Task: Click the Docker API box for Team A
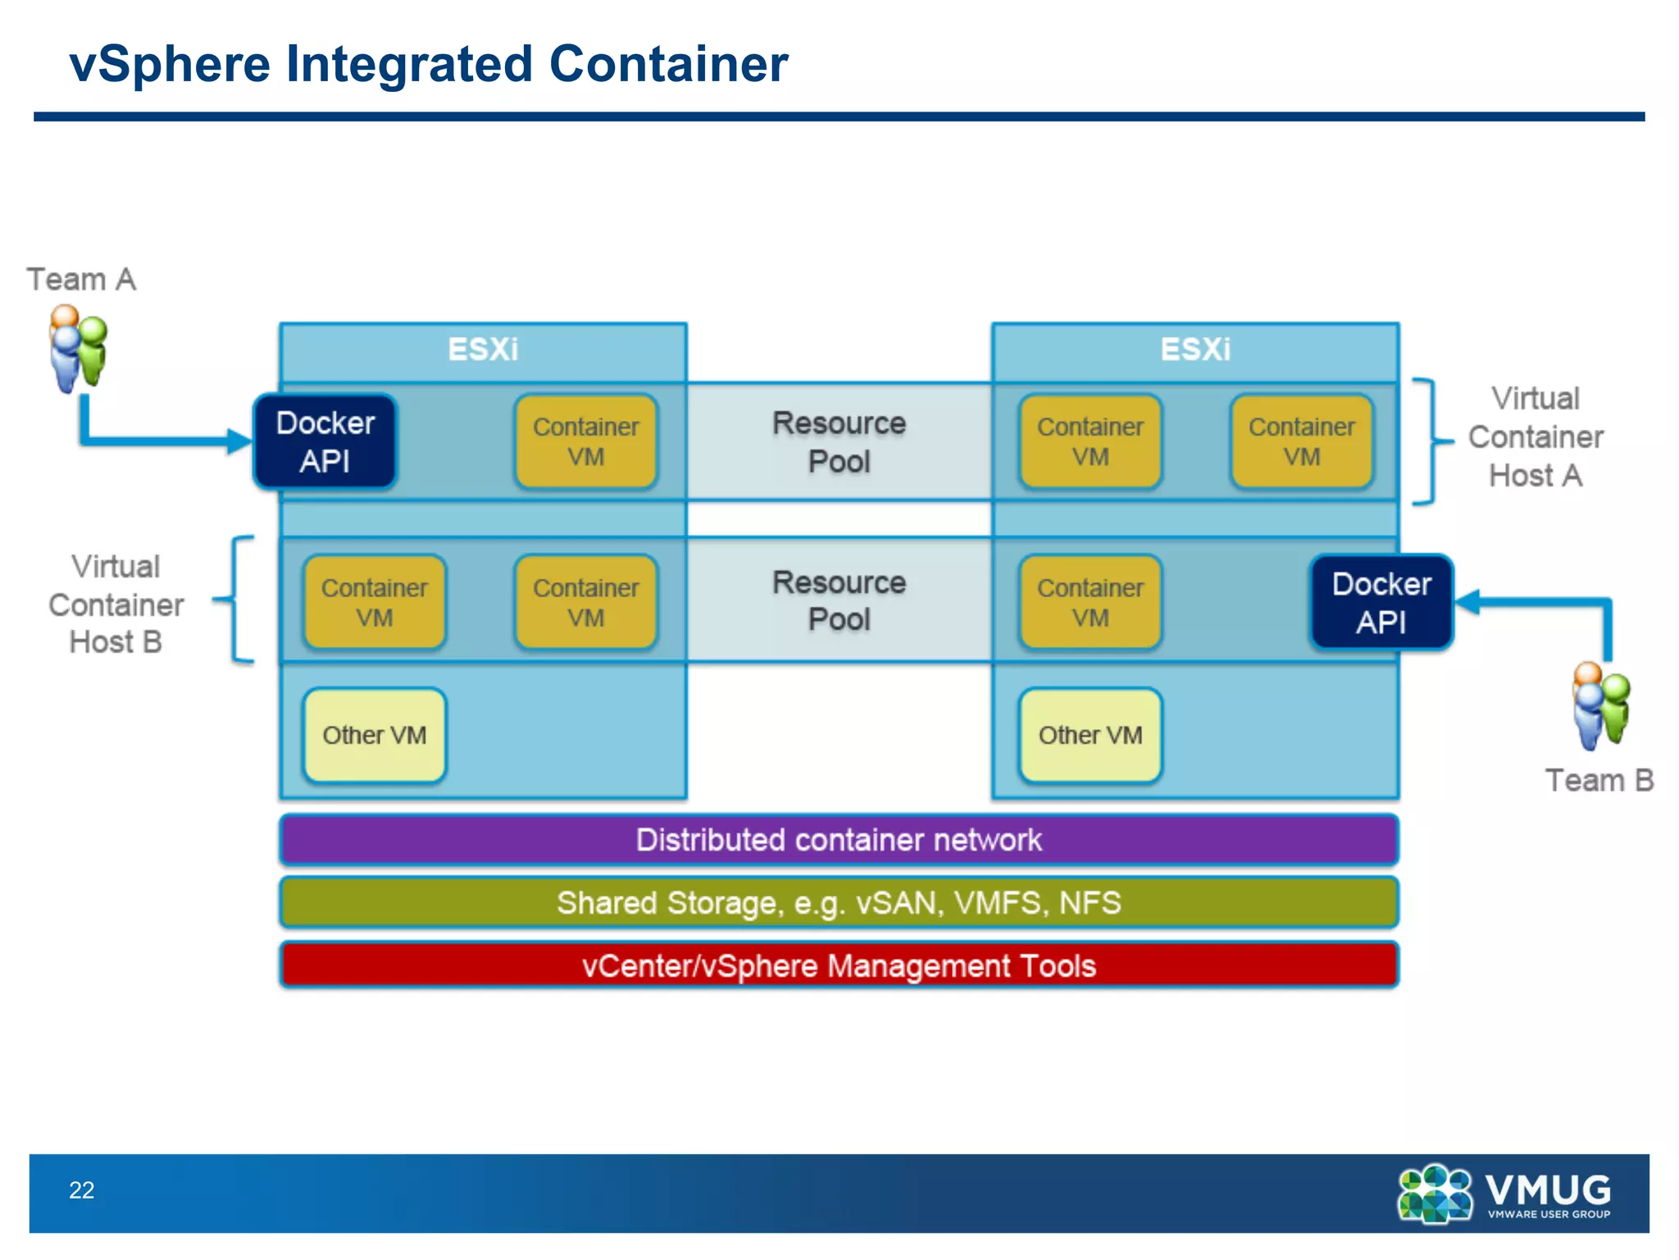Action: (325, 442)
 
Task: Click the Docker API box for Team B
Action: (1381, 603)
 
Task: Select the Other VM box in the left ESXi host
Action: (375, 735)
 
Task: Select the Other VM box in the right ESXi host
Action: (1090, 735)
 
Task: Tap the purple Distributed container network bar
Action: (839, 840)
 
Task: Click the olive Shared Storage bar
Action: (839, 902)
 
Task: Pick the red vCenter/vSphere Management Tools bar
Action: (839, 966)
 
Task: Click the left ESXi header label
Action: (483, 349)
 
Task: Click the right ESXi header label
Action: (1195, 349)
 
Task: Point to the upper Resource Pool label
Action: (839, 442)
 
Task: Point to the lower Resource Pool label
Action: (839, 600)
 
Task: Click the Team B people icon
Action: (1600, 706)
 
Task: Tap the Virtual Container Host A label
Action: (1535, 437)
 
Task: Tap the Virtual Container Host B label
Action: (116, 605)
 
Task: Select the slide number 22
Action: (81, 1190)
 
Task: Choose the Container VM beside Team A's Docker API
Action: (586, 442)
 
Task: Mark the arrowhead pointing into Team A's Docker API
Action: (239, 441)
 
